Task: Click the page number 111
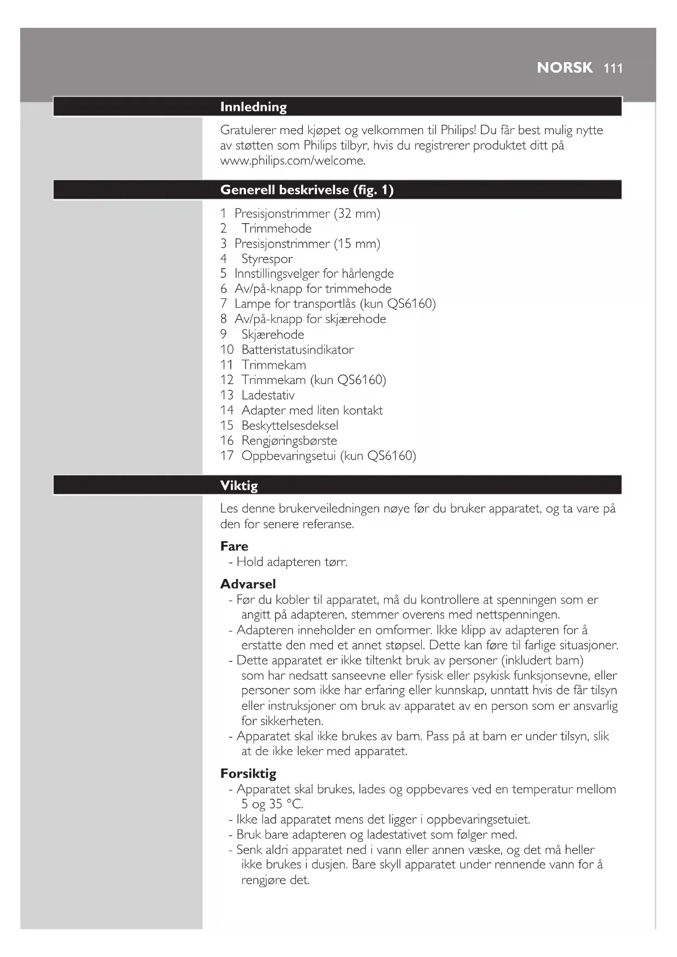[x=613, y=68]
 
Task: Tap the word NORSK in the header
[x=564, y=68]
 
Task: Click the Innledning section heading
[x=253, y=107]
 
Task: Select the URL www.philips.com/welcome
[x=292, y=160]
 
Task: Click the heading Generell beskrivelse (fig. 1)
[x=307, y=190]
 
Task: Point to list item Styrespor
[x=267, y=259]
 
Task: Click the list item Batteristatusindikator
[x=297, y=349]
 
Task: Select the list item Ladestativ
[x=268, y=394]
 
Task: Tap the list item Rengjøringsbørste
[x=289, y=440]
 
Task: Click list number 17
[x=226, y=456]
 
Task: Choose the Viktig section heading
[x=239, y=486]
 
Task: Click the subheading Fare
[x=234, y=546]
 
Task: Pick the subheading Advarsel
[x=248, y=584]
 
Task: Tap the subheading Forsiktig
[x=248, y=773]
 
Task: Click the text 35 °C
[x=286, y=804]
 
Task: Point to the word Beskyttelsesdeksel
[x=290, y=425]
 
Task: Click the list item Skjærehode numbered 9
[x=273, y=334]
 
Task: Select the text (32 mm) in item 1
[x=357, y=213]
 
